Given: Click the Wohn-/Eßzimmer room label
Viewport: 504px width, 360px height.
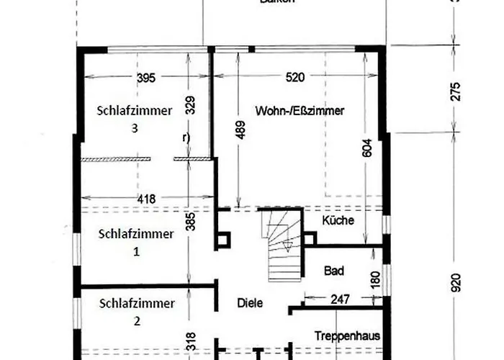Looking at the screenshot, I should pyautogui.click(x=300, y=111).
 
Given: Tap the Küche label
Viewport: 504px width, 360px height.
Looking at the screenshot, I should pyautogui.click(x=338, y=220).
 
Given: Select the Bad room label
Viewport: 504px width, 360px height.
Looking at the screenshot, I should pyautogui.click(x=334, y=271).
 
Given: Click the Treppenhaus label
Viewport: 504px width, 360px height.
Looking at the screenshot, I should pyautogui.click(x=347, y=336).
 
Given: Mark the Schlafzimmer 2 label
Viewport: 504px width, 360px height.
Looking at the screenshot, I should pyautogui.click(x=136, y=311).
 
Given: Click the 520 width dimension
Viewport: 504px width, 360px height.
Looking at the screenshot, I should pyautogui.click(x=294, y=78).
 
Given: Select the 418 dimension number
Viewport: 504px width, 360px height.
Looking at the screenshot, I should pyautogui.click(x=146, y=198).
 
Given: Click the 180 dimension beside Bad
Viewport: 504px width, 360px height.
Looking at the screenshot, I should pyautogui.click(x=375, y=279).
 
